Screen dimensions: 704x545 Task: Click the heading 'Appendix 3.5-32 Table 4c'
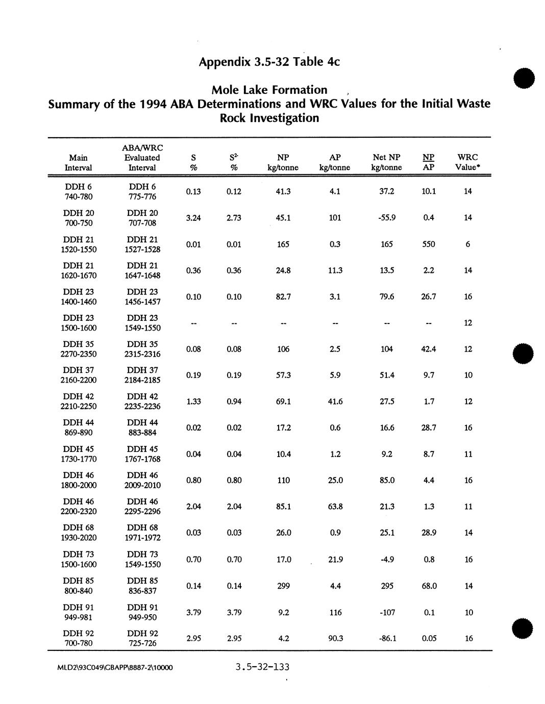click(x=269, y=62)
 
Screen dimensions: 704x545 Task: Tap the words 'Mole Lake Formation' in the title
click(x=269, y=90)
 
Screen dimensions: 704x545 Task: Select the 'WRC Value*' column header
click(x=467, y=162)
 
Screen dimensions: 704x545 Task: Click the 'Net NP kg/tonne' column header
click(x=386, y=162)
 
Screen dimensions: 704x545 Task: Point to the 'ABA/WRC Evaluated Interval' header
click(x=142, y=158)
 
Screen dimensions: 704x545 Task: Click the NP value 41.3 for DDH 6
click(x=283, y=191)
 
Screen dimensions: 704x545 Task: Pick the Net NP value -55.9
click(x=386, y=218)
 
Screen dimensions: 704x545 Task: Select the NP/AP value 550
click(x=429, y=244)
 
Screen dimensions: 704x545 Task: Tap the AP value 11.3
click(x=335, y=270)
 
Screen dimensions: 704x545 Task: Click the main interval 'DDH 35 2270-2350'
click(x=79, y=349)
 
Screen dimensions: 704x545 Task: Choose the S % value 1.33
click(x=193, y=401)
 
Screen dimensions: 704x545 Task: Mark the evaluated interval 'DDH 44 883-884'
click(x=142, y=428)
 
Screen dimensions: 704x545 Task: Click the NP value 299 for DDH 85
click(x=283, y=586)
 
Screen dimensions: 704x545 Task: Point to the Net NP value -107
click(x=386, y=612)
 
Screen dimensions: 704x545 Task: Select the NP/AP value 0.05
click(x=429, y=638)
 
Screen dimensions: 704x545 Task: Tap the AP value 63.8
click(x=335, y=507)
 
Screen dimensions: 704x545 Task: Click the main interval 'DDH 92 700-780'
click(x=79, y=638)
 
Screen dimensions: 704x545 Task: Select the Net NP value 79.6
click(x=386, y=296)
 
